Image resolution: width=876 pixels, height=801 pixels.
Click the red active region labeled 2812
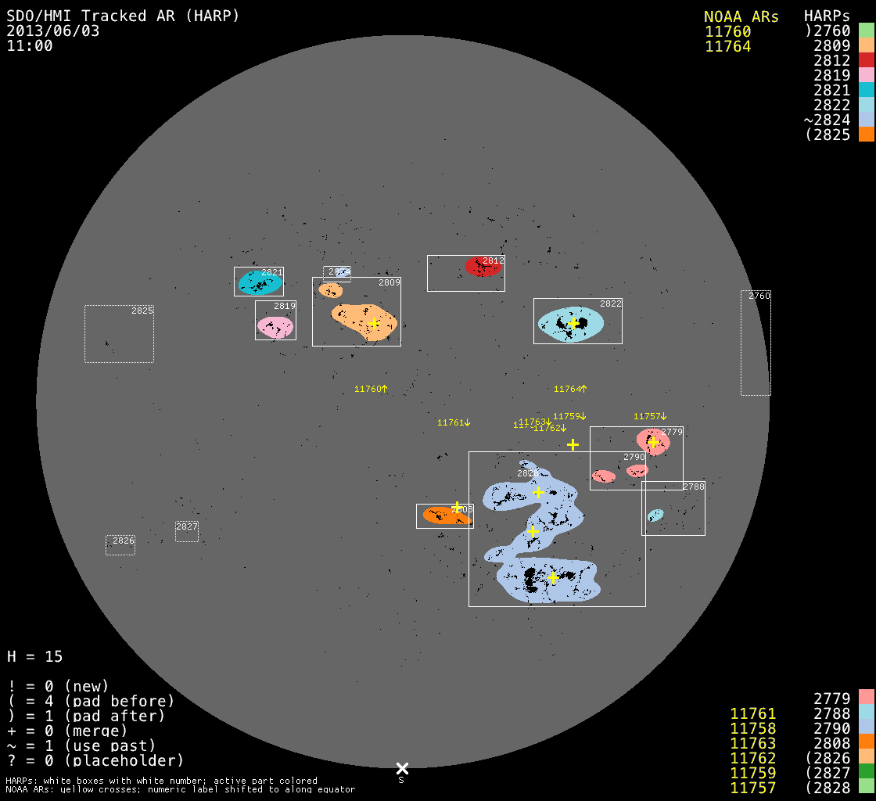(483, 267)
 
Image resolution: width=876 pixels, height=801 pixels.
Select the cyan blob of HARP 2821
(259, 283)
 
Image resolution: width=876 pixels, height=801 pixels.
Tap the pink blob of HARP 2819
(275, 327)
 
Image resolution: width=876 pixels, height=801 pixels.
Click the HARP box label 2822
(611, 304)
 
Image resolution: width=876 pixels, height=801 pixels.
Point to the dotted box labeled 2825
(119, 334)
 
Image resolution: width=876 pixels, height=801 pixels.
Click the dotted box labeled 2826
(120, 545)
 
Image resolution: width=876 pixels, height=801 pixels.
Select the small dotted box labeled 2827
(187, 532)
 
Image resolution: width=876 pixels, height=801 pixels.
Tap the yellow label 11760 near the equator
(371, 389)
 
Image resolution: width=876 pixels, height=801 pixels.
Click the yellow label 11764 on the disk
(569, 389)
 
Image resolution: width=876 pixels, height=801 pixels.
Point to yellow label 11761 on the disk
(454, 422)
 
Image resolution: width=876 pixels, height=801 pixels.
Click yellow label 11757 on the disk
(649, 416)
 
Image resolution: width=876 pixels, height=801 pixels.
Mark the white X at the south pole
(402, 768)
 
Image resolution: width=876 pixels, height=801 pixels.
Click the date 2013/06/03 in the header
(53, 31)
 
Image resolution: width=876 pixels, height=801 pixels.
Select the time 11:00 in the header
(30, 45)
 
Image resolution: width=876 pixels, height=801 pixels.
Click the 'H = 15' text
(34, 656)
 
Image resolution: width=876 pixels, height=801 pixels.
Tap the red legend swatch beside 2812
(866, 60)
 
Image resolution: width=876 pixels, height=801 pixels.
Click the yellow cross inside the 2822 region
(573, 323)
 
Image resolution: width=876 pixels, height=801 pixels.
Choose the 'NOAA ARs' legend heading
(741, 16)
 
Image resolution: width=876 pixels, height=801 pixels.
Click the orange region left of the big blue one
(443, 515)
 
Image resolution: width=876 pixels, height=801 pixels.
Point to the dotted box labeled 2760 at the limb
(756, 343)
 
